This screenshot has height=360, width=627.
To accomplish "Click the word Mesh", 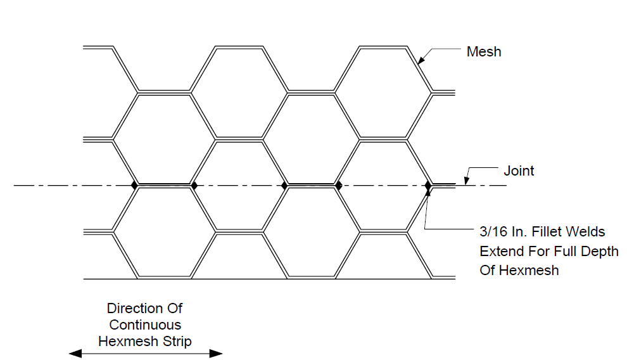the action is coord(483,51).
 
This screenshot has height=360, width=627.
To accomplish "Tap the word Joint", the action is coord(519,170).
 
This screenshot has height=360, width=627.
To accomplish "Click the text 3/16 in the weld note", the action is coord(493,231).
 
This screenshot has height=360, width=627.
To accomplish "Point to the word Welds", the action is coord(586,231).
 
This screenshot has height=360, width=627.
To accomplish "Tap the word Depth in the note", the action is coord(599,251).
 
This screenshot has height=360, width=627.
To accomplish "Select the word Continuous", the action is coord(145,325).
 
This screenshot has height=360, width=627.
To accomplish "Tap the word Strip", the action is coord(175,341).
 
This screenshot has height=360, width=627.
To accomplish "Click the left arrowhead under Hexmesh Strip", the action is coord(75,353).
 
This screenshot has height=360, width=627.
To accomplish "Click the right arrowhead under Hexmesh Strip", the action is coord(216,353).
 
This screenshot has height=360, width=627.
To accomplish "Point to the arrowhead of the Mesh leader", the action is coord(421,60).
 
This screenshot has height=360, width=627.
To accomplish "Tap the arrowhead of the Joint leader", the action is coord(466,181).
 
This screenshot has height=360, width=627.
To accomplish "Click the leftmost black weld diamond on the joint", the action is coord(135,185).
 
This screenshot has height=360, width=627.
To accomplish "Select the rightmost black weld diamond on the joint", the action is coord(428,186).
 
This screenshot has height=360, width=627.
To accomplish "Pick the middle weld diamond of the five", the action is coord(285,186).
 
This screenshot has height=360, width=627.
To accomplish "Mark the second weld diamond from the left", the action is coord(194,186).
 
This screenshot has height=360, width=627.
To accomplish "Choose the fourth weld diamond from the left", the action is coord(339,186).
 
